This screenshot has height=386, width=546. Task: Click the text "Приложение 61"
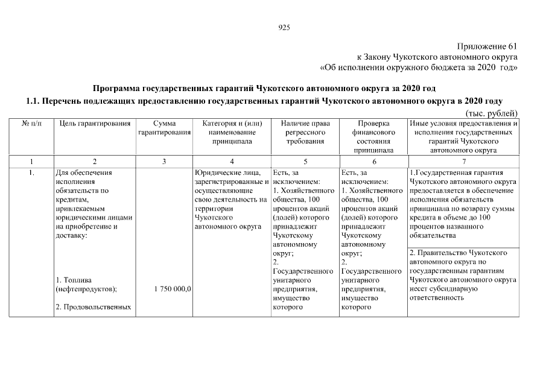[x=487, y=46]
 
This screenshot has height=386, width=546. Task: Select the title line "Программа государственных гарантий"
[x=264, y=88]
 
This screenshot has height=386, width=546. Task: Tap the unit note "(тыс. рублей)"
[x=491, y=113]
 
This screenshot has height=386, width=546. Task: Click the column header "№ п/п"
[x=31, y=124]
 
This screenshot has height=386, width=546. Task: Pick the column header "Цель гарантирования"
[x=95, y=124]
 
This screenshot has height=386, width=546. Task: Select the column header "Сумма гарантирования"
[x=164, y=128]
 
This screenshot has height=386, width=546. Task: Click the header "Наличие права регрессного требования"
[x=305, y=132]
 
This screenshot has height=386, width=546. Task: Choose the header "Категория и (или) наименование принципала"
[x=232, y=132]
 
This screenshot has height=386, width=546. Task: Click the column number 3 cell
[x=164, y=162]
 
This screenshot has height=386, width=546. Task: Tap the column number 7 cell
[x=463, y=162]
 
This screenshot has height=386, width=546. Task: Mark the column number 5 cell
[x=305, y=162]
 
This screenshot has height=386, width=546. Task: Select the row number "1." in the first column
[x=31, y=172]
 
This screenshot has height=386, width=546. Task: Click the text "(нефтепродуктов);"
[x=86, y=289]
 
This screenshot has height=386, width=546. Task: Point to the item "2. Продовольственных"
[x=93, y=308]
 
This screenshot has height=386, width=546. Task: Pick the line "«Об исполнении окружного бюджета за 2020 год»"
[x=419, y=67]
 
